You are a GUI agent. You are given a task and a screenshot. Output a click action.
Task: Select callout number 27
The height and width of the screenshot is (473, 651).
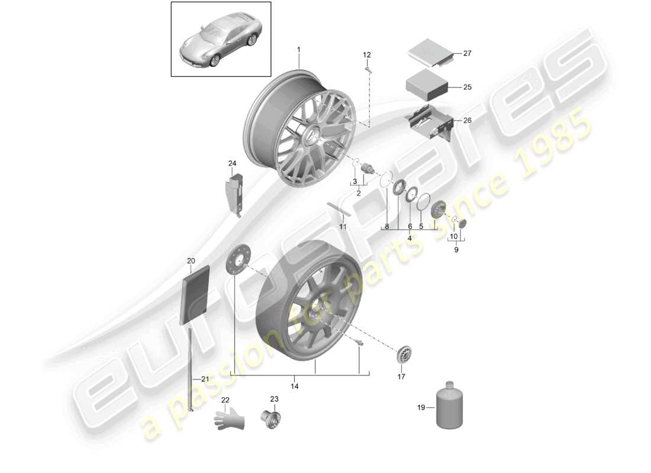pos(467,54)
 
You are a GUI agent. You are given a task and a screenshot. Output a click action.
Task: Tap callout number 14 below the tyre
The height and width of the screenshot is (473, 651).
pos(295,387)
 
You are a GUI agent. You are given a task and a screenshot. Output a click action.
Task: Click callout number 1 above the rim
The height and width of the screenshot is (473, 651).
pos(299,49)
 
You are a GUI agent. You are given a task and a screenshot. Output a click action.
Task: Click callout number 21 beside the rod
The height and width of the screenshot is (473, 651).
pos(205,379)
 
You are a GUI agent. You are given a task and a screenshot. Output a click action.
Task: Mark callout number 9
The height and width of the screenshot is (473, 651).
pos(456,250)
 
